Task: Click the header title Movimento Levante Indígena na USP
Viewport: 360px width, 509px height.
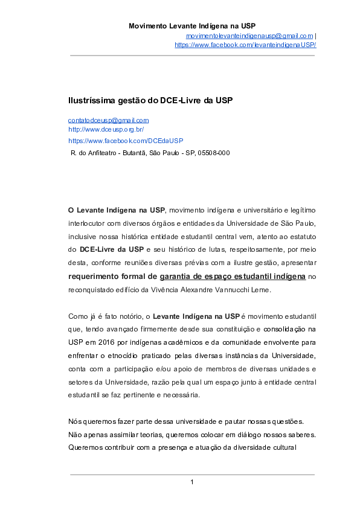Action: click(x=192, y=26)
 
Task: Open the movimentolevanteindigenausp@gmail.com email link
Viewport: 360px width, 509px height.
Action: click(x=249, y=36)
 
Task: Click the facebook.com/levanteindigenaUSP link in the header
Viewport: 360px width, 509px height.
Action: click(x=245, y=45)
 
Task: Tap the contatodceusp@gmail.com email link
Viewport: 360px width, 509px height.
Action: click(x=108, y=121)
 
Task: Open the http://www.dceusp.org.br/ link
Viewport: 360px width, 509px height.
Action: click(x=106, y=129)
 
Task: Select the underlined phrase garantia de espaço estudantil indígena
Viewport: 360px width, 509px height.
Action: click(x=233, y=277)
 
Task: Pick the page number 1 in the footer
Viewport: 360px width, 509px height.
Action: click(x=191, y=481)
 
